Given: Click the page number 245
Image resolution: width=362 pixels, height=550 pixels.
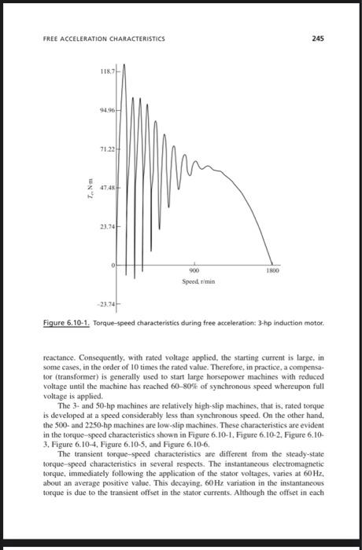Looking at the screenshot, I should tap(317, 37).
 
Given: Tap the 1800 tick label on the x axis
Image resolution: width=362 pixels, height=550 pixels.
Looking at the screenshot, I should tap(272, 271).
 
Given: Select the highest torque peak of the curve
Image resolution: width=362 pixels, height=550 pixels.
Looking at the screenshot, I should tap(124, 64).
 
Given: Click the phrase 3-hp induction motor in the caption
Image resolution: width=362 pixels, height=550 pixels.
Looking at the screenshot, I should tap(279, 323).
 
